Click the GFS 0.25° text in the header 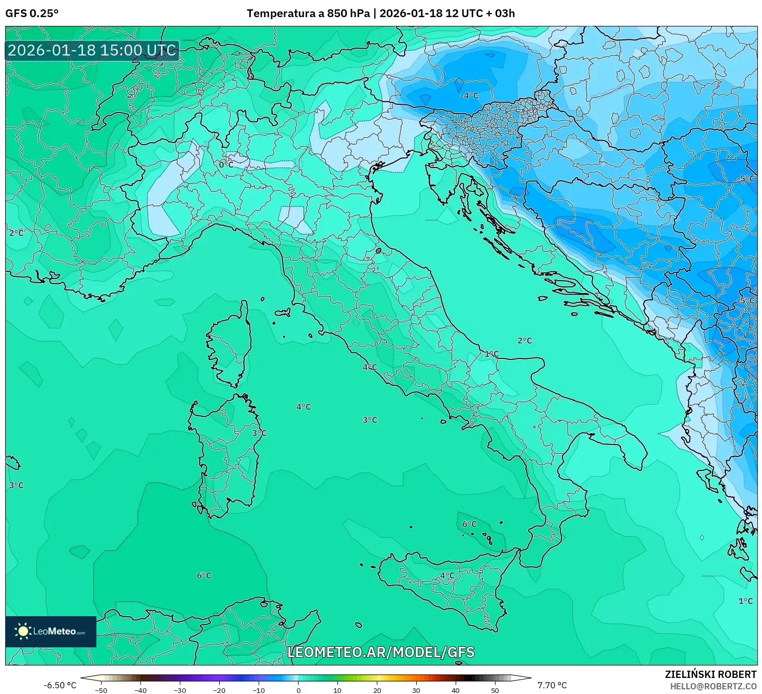click(32, 13)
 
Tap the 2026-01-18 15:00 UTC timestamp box click(92, 50)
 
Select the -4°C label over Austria click(469, 96)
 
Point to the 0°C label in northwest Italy click(226, 165)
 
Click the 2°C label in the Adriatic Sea click(525, 341)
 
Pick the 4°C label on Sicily click(447, 576)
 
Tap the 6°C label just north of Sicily click(469, 524)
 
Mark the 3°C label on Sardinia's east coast click(259, 433)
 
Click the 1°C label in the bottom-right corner click(745, 601)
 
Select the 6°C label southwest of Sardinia click(204, 576)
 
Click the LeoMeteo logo click(51, 631)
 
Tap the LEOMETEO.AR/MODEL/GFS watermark click(381, 652)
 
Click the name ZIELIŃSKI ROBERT click(711, 674)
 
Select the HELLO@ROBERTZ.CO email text click(713, 686)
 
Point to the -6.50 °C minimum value click(60, 685)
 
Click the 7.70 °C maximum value click(552, 685)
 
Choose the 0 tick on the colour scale click(298, 690)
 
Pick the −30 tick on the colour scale click(179, 690)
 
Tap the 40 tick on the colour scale click(456, 690)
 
